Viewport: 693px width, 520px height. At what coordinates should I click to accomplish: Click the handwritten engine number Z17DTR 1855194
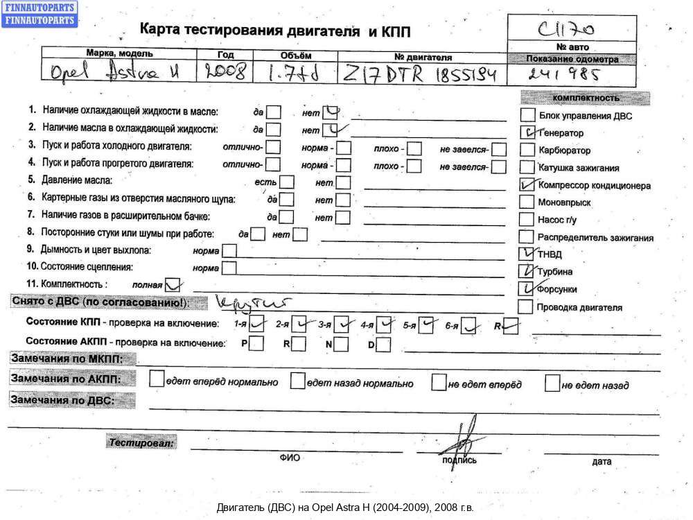pyautogui.click(x=419, y=73)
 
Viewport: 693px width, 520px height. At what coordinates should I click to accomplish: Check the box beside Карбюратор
pyautogui.click(x=527, y=150)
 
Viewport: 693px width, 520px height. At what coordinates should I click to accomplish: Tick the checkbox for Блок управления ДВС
pyautogui.click(x=527, y=115)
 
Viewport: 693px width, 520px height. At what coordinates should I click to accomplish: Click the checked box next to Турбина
pyautogui.click(x=527, y=271)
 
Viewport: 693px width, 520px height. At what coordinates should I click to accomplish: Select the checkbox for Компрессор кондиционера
pyautogui.click(x=527, y=184)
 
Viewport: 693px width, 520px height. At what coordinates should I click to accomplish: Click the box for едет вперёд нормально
pyautogui.click(x=157, y=381)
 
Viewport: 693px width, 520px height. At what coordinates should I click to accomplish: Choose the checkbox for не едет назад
pyautogui.click(x=552, y=383)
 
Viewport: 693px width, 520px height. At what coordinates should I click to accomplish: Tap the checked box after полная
pyautogui.click(x=173, y=284)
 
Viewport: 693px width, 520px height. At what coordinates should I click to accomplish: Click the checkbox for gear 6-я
pyautogui.click(x=470, y=324)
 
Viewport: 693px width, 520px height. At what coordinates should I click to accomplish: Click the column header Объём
pyautogui.click(x=297, y=55)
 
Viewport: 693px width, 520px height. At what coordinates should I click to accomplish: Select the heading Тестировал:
pyautogui.click(x=141, y=442)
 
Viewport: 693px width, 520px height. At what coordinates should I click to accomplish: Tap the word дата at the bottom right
pyautogui.click(x=602, y=461)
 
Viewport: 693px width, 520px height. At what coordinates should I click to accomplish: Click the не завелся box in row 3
pyautogui.click(x=499, y=148)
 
